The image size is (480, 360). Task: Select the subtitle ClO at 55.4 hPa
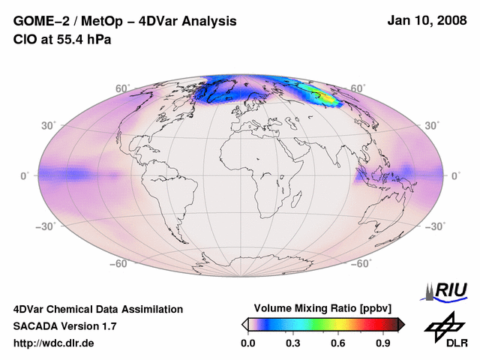62,40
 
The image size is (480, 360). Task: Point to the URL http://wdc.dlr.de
54,343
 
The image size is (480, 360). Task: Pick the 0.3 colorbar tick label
293,343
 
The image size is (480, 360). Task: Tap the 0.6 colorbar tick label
339,343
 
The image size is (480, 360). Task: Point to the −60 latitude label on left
118,263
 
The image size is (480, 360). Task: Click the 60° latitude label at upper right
358,89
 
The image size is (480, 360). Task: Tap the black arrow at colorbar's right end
401,324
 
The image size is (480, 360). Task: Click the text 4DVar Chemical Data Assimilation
98,309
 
